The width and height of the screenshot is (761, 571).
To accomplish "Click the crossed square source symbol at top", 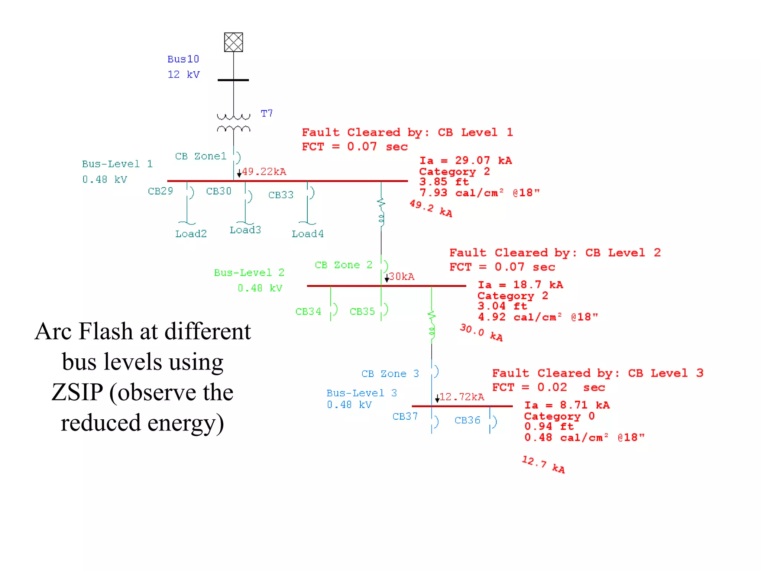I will pos(233,42).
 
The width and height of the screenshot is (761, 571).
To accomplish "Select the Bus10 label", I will pos(183,59).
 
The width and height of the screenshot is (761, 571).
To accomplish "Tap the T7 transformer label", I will pos(267,113).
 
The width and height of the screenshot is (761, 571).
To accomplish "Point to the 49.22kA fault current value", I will pos(264,172).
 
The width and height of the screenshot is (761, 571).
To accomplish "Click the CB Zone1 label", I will pos(201,157).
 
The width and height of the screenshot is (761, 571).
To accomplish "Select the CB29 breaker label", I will pos(160,191).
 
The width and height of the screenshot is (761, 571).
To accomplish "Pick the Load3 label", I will pos(245,230).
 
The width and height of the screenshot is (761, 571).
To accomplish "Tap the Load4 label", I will pos(307,234).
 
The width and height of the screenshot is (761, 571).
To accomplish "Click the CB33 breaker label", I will pos(281,195).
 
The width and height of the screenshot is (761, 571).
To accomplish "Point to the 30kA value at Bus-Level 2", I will pos(402,277).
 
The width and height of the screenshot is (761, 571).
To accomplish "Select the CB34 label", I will pos(308,312).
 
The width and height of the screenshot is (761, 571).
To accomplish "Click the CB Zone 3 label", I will pos(390,374).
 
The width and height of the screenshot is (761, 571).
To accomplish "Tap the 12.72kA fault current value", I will pos(462,397).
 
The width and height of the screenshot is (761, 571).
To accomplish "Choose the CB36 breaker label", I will pos(467,420).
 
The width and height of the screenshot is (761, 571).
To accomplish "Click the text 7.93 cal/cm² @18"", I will pos(479,193).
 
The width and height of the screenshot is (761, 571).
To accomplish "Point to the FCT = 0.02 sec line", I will pos(548,387).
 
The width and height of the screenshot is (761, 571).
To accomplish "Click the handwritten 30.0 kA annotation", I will pos(481,332).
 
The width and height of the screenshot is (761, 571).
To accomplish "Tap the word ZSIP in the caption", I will pos(77,392).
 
